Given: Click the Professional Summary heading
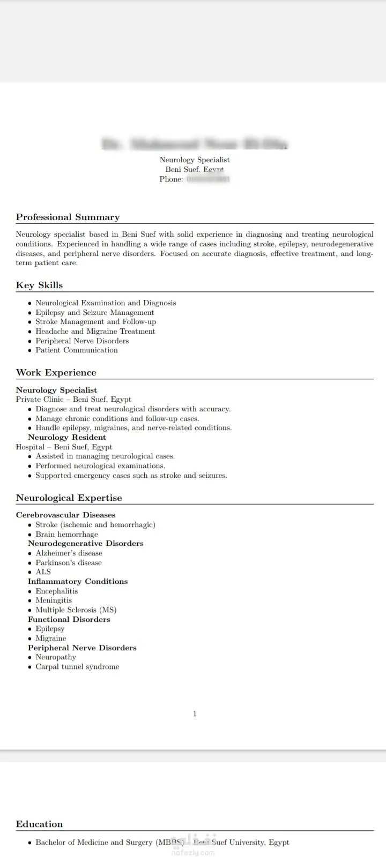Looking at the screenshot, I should tap(68, 217).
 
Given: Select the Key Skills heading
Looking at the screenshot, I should tap(39, 285).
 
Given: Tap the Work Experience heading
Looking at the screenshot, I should tap(56, 372).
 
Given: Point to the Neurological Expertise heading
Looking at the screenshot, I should tap(69, 498).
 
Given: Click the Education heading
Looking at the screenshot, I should tap(39, 824).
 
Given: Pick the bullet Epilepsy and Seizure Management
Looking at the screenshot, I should tap(94, 312).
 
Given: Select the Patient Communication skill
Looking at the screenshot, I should tap(76, 350).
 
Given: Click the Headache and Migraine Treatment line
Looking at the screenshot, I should tap(95, 331).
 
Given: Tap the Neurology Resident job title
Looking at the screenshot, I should tap(66, 437).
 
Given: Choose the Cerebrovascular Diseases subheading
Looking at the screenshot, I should tap(65, 515).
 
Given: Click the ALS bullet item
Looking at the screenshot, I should tap(43, 572).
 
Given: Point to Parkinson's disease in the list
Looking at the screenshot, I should tap(68, 562).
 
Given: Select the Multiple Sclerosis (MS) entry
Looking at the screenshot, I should tap(76, 610).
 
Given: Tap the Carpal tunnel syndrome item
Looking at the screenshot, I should tap(77, 666).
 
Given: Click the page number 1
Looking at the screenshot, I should tap(195, 713).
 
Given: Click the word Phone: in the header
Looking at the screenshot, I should tap(171, 179).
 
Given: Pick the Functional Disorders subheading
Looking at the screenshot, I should tap(69, 619).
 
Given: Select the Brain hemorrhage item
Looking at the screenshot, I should tap(66, 534).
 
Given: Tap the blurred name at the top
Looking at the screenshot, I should tap(195, 144).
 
